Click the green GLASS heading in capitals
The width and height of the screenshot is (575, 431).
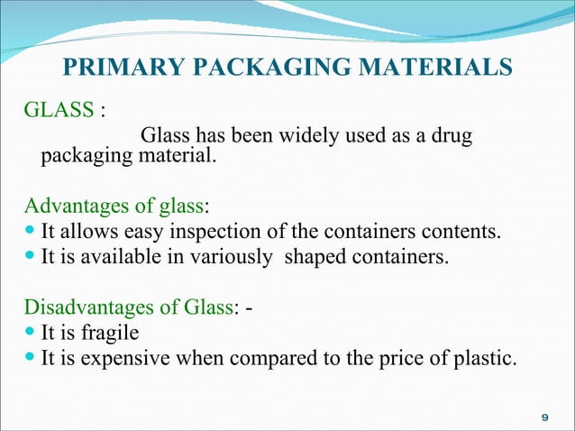click(59, 112)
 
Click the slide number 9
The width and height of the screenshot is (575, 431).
click(543, 417)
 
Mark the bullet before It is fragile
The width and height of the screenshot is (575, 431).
click(32, 334)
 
